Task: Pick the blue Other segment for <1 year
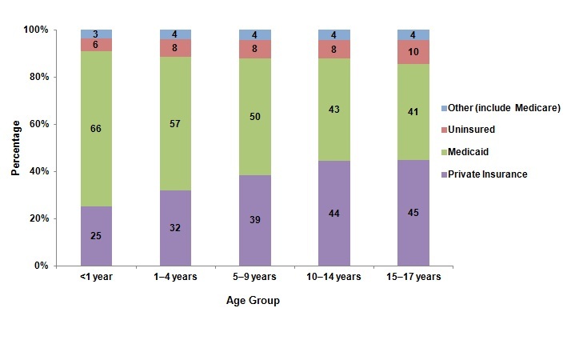96,34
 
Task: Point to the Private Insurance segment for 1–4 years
175,227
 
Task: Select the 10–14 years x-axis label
334,277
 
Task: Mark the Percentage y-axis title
16,148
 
